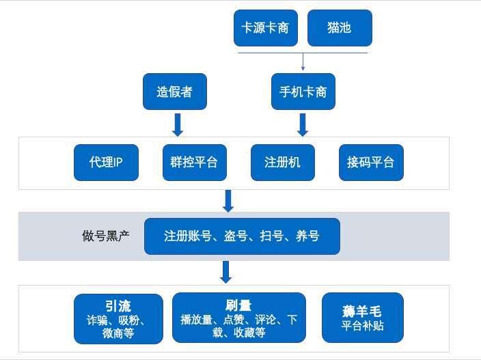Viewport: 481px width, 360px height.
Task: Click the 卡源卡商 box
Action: (265, 28)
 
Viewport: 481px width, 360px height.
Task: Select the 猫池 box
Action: (340, 28)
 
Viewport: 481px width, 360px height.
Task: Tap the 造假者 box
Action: (174, 92)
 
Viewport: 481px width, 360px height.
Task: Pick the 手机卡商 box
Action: (303, 92)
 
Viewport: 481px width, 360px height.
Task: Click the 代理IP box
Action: (106, 163)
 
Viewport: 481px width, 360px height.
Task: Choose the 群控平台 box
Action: (194, 163)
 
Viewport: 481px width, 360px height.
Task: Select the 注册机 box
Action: (282, 163)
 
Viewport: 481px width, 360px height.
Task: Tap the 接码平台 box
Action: (370, 163)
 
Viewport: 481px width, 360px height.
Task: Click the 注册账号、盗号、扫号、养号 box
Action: (241, 236)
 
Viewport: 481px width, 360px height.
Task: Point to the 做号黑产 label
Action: (106, 236)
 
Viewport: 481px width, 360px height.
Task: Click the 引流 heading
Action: (118, 305)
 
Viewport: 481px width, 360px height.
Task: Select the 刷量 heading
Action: (239, 305)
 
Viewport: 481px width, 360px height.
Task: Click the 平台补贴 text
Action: (362, 325)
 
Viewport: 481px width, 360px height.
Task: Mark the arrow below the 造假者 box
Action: (177, 124)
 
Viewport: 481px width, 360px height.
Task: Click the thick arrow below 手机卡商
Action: (303, 124)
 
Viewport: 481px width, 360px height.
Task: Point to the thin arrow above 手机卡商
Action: (303, 61)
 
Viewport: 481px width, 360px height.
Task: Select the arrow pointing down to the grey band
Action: (228, 200)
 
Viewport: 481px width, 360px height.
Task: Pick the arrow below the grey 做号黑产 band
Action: (226, 272)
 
